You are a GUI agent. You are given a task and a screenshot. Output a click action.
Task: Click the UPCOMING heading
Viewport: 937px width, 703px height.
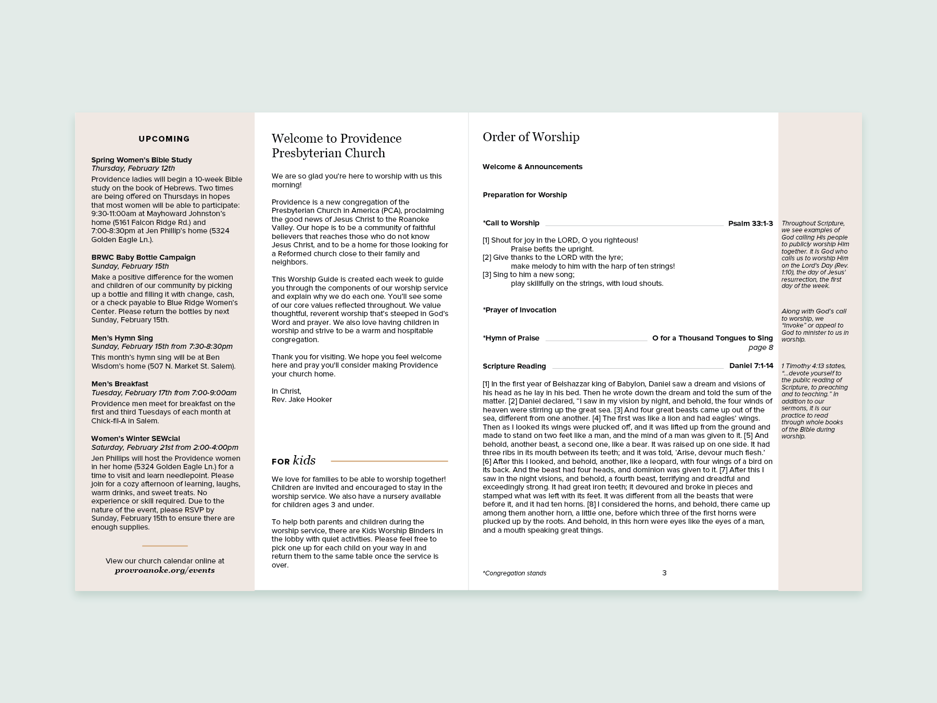click(x=164, y=139)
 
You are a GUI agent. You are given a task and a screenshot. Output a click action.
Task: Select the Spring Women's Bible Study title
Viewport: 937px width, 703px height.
click(x=142, y=160)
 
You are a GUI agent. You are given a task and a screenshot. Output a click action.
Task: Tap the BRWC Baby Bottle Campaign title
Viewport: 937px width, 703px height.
click(x=143, y=257)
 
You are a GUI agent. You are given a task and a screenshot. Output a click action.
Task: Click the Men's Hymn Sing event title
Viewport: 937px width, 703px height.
click(x=122, y=338)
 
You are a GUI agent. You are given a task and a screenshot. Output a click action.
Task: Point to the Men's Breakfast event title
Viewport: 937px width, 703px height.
click(x=120, y=384)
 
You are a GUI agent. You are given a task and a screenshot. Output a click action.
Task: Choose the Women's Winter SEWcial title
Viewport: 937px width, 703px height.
click(x=135, y=438)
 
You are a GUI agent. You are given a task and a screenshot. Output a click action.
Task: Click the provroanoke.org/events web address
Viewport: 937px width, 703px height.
click(x=164, y=570)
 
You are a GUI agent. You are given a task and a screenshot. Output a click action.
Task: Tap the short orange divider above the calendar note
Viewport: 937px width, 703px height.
click(x=164, y=546)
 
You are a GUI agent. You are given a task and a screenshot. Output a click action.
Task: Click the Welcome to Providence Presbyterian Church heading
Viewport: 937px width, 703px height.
click(x=336, y=146)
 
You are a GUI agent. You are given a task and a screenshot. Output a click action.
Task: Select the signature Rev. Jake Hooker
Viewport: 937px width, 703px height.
click(x=302, y=399)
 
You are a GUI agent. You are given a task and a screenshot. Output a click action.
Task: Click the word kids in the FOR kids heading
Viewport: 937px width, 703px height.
click(x=305, y=460)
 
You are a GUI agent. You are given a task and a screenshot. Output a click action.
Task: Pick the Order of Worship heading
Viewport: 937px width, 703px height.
click(x=531, y=137)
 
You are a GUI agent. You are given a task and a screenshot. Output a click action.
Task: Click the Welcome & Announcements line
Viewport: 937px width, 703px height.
click(x=533, y=167)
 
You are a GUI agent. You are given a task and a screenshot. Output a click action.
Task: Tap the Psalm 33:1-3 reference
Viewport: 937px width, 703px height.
click(x=750, y=223)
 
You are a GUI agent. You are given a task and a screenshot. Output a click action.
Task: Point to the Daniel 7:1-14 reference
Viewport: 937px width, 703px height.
click(x=751, y=366)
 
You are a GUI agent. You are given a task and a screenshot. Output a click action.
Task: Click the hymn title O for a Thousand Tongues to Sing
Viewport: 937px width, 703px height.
click(x=712, y=338)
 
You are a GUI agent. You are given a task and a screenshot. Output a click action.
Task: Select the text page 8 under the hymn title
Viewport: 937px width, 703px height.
click(x=761, y=347)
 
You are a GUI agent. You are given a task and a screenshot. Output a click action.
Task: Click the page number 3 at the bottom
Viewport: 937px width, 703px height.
click(x=664, y=573)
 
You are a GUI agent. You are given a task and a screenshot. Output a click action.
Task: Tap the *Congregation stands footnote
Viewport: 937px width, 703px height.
click(x=514, y=573)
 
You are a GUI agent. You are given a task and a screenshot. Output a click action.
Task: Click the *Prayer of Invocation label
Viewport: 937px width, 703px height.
click(x=520, y=310)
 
